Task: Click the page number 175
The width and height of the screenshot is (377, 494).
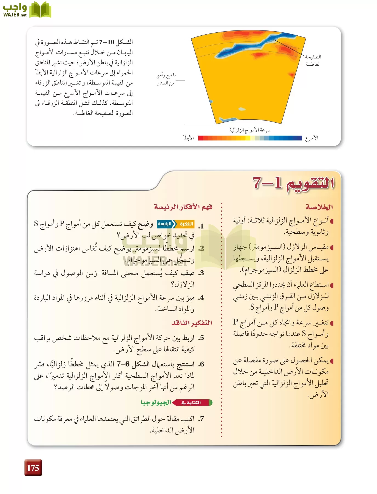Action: tap(33, 468)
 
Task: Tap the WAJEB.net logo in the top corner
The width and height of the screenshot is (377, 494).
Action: tap(27, 10)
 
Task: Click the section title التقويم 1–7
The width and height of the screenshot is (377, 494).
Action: tap(293, 183)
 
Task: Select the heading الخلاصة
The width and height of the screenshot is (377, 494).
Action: tap(319, 207)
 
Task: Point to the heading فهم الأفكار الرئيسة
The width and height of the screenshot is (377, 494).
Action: tap(183, 207)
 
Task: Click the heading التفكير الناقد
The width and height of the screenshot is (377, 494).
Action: tap(192, 323)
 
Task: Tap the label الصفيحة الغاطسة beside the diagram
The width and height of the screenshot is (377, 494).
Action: tap(313, 60)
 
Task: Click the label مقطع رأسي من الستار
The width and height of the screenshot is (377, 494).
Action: tap(166, 79)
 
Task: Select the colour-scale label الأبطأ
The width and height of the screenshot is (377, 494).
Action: tap(189, 138)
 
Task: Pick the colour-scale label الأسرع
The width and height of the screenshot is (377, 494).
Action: tap(312, 138)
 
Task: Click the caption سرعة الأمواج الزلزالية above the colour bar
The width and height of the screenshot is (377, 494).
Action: tap(250, 130)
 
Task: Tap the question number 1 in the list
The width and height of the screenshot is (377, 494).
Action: tap(201, 226)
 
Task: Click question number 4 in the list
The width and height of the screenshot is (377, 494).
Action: tap(201, 298)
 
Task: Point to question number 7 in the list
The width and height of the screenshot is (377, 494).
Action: tap(201, 419)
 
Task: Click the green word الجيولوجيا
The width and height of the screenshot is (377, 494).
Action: tap(156, 403)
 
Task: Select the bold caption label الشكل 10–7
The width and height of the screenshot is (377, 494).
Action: tap(117, 42)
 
